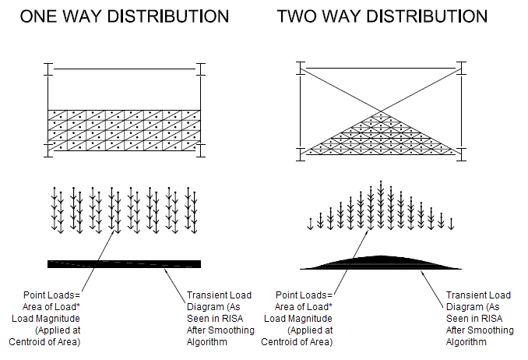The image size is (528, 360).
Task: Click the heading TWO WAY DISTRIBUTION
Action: coord(382,16)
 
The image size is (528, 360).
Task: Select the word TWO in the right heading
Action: coord(300,16)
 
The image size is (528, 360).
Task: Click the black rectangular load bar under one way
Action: coord(124,263)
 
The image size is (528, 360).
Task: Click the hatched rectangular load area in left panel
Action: coord(124,128)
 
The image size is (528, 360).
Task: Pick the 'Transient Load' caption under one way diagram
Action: coord(220,295)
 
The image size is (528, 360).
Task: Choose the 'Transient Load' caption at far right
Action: coord(478,295)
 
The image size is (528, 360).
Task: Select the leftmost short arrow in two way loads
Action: coord(311,224)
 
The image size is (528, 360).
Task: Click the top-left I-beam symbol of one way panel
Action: coord(48,70)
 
